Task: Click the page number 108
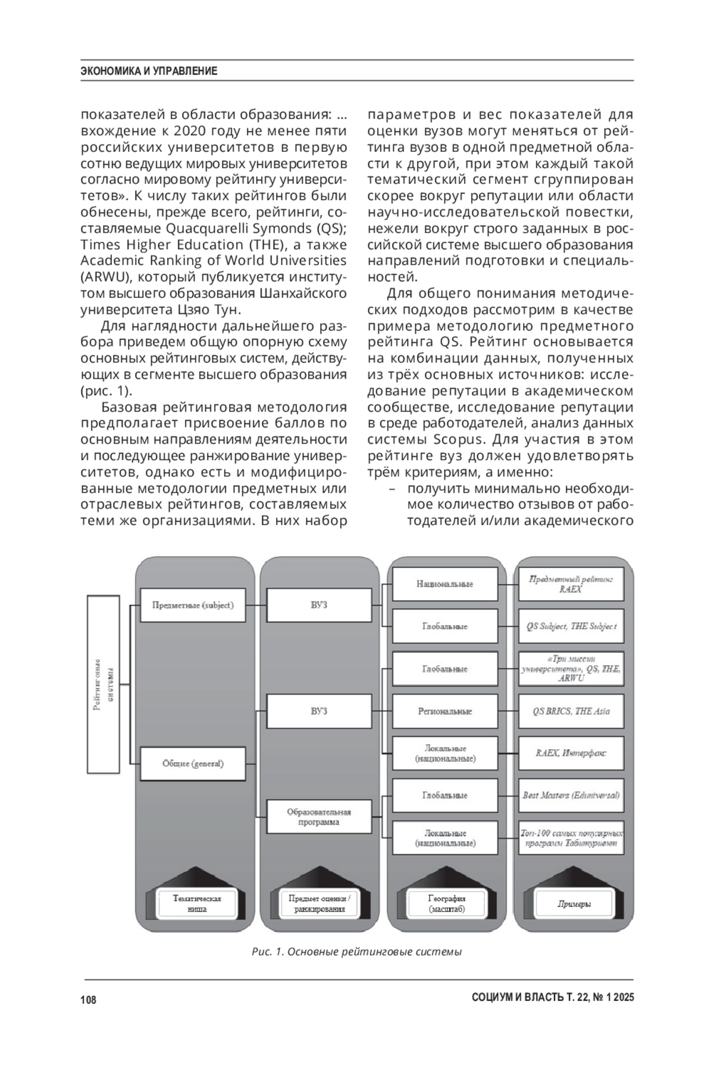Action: [88, 1000]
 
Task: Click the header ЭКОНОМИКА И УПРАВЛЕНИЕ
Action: [149, 71]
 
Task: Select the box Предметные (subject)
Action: [193, 606]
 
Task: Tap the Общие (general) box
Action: [193, 763]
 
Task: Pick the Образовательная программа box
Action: [319, 816]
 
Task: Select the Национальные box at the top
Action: [444, 584]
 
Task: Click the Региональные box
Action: [444, 711]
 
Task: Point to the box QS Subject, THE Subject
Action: [571, 626]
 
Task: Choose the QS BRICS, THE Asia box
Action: [571, 711]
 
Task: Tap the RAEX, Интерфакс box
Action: [571, 753]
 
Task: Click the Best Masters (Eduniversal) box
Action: [571, 796]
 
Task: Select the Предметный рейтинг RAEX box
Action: [571, 584]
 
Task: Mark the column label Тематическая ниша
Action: [196, 904]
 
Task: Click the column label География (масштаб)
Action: [446, 904]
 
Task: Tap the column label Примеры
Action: [574, 904]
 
